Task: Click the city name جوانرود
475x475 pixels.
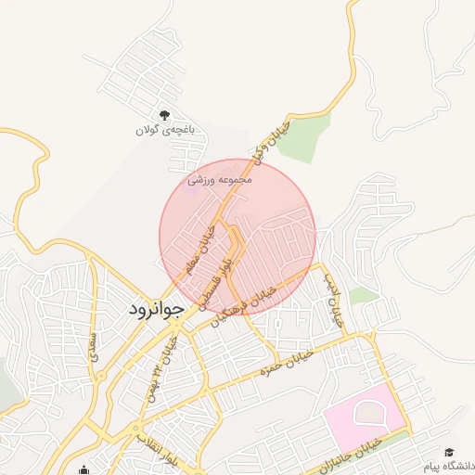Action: (x=158, y=307)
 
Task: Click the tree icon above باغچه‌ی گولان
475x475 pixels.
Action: (x=165, y=115)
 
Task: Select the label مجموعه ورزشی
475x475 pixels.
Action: (x=215, y=179)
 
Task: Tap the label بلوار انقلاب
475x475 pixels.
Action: (x=154, y=446)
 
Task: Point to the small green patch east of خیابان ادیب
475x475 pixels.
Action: (x=365, y=296)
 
